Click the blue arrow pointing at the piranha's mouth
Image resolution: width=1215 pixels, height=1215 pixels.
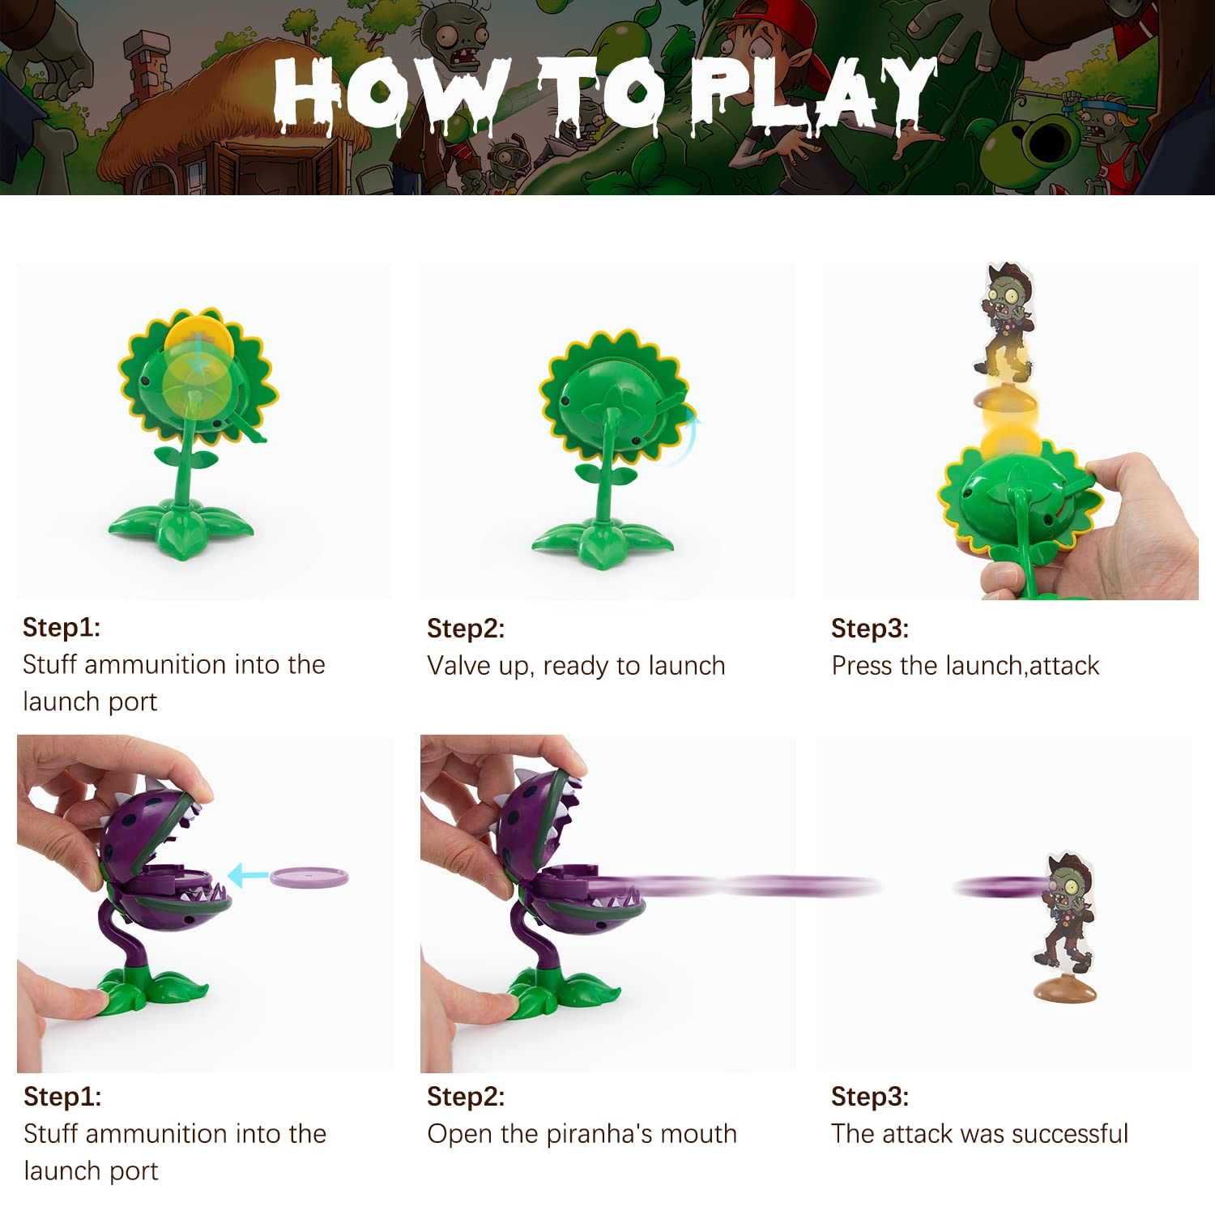pos(247,875)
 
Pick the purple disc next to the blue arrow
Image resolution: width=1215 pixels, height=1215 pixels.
pos(309,877)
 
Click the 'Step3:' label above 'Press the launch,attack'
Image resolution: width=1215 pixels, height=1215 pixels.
pos(870,628)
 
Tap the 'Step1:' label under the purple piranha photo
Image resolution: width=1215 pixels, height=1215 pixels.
pos(62,1096)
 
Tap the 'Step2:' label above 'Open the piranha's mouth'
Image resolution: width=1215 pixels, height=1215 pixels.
pos(466,1096)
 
